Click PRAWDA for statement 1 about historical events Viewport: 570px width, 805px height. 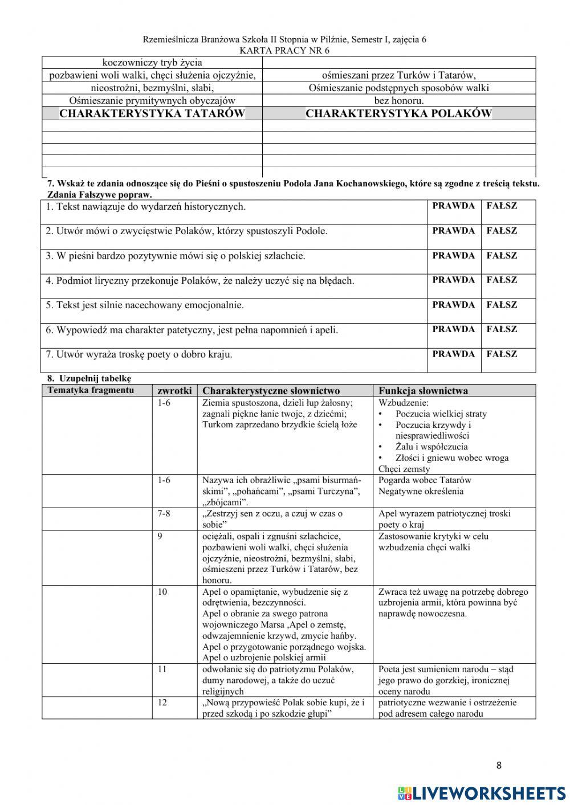point(453,206)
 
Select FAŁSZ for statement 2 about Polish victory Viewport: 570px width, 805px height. point(502,231)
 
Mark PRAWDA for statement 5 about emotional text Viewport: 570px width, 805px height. point(453,305)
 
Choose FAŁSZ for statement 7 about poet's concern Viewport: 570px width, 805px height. point(502,354)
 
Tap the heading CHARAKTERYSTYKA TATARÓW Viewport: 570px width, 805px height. point(152,113)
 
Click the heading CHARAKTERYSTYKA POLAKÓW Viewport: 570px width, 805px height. point(398,113)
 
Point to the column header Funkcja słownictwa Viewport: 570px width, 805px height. point(423,391)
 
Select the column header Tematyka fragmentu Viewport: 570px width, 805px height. point(91,390)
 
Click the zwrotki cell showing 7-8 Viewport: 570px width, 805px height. point(164,513)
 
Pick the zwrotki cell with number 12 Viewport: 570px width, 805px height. point(162,702)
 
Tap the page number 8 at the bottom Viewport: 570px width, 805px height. point(499,765)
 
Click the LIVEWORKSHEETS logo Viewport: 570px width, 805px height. point(482,792)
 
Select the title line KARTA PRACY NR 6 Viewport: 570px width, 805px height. point(284,50)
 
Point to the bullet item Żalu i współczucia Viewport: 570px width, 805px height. point(431,447)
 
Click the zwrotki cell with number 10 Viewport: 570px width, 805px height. point(162,592)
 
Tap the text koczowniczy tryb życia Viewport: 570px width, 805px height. point(152,63)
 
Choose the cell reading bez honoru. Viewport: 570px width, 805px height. point(398,101)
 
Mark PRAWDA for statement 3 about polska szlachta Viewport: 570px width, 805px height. point(453,256)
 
